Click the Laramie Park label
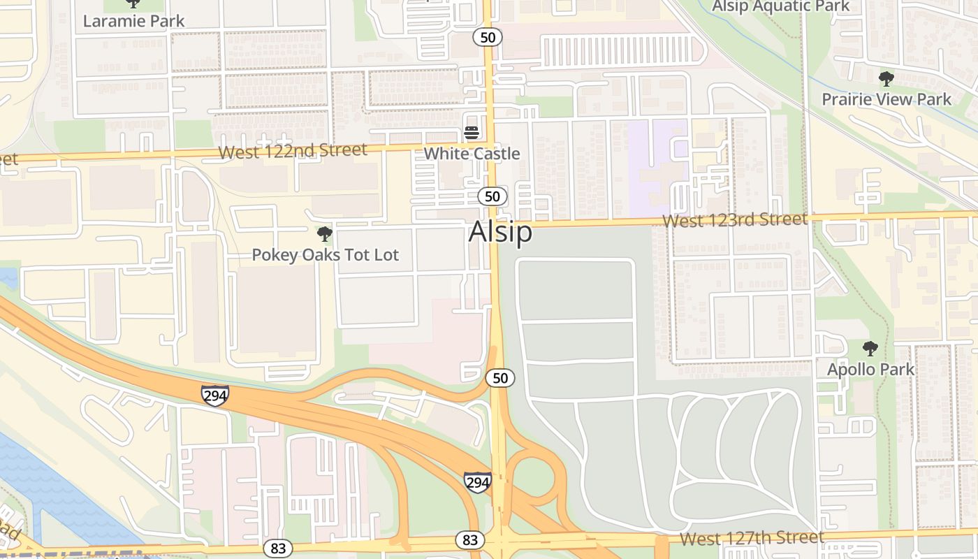click(x=133, y=21)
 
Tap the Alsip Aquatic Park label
click(x=780, y=7)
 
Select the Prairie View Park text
click(x=886, y=99)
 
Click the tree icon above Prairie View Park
click(x=886, y=78)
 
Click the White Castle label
click(x=472, y=154)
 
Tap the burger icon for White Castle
click(x=472, y=133)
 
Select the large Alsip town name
click(x=500, y=232)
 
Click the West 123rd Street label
click(x=734, y=220)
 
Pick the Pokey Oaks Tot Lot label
click(x=325, y=255)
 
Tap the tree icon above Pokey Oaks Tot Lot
click(x=324, y=233)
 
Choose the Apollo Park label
click(x=870, y=369)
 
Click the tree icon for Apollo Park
click(x=870, y=348)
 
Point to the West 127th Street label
click(x=752, y=538)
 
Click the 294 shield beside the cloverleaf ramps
click(x=477, y=481)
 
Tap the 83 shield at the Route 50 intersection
click(x=470, y=539)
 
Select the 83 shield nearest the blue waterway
click(x=278, y=549)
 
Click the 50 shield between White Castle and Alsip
click(x=492, y=196)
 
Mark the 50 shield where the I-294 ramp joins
click(x=500, y=378)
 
